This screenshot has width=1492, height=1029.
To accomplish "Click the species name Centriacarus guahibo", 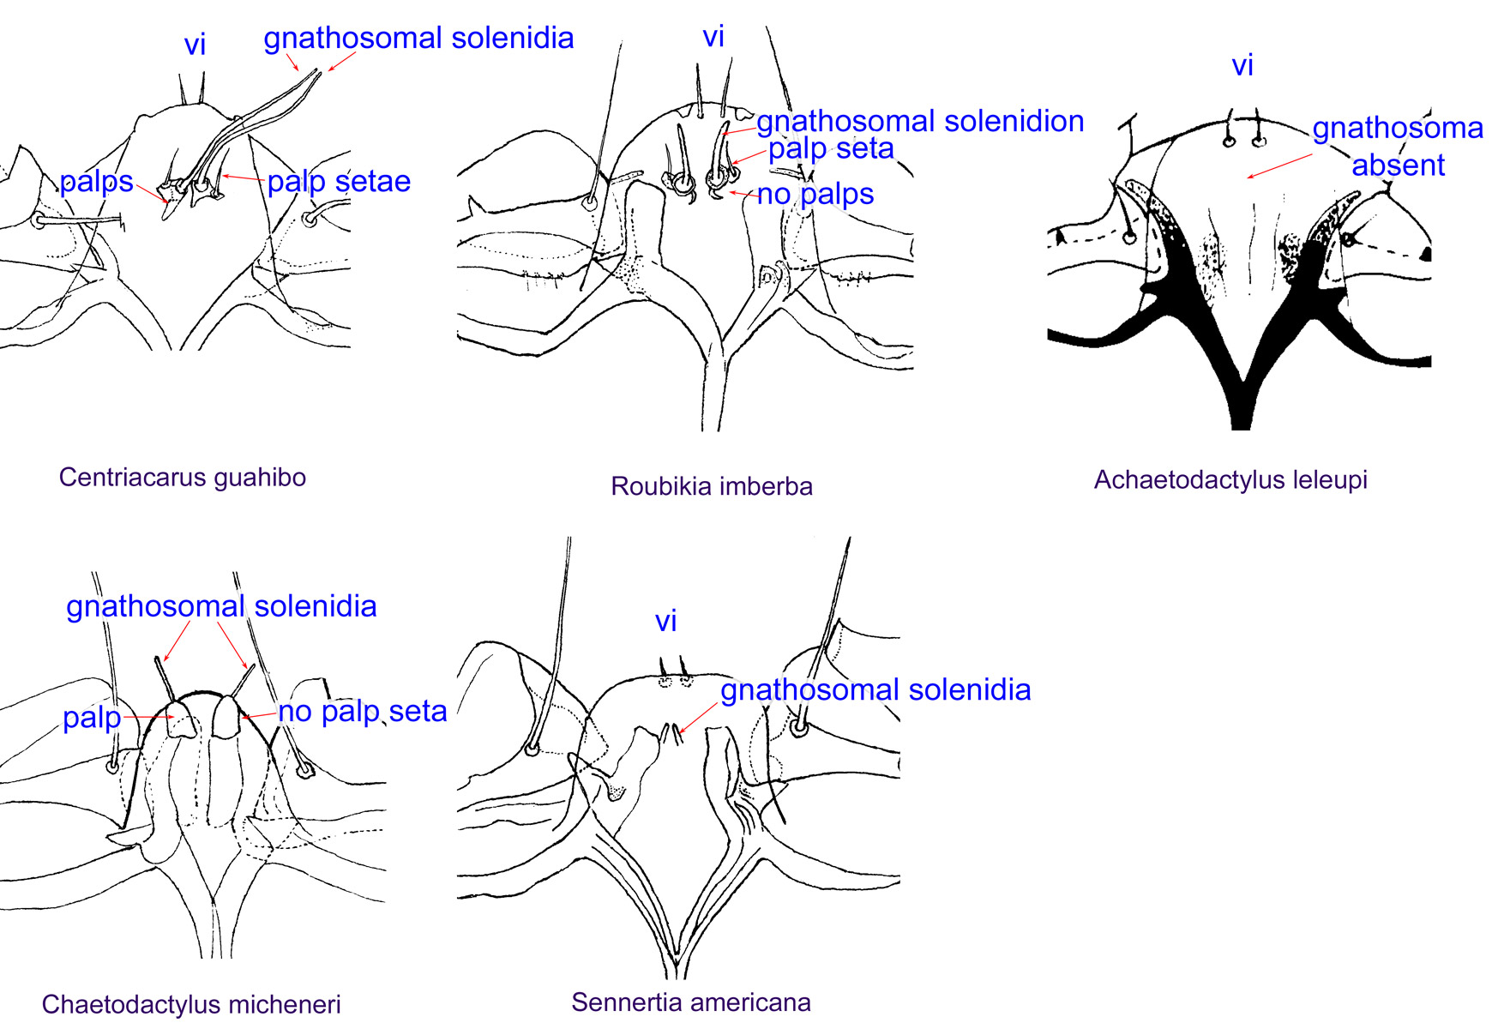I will [182, 477].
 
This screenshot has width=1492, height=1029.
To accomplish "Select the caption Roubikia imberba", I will [711, 486].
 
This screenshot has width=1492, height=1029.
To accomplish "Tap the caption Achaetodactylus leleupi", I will [1230, 479].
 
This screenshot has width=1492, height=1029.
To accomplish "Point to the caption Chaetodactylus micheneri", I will [191, 1004].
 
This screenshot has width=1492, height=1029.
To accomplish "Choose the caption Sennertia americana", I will [690, 1002].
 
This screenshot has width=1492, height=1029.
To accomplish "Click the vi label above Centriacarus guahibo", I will [195, 45].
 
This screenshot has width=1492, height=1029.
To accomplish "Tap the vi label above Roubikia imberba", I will [713, 37].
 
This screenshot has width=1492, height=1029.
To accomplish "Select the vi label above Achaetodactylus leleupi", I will [1242, 65].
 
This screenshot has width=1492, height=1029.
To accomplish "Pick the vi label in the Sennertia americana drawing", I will [666, 621].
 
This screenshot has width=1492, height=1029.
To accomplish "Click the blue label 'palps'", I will [96, 182].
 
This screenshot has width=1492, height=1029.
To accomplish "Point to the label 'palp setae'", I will [339, 181].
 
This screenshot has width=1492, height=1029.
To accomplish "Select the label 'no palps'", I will [815, 195].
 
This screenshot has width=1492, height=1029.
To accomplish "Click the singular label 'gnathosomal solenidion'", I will [920, 121].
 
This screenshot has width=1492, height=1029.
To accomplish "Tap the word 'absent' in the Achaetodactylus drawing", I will [1398, 165].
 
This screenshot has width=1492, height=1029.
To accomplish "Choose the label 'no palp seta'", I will [363, 711].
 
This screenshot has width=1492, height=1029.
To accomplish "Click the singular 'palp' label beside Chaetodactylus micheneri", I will [92, 717].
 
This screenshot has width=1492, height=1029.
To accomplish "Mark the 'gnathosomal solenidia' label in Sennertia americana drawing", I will [875, 689].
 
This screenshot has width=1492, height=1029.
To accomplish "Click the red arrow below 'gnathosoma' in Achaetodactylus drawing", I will [1279, 166].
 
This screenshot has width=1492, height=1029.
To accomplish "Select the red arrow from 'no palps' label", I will [743, 194].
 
